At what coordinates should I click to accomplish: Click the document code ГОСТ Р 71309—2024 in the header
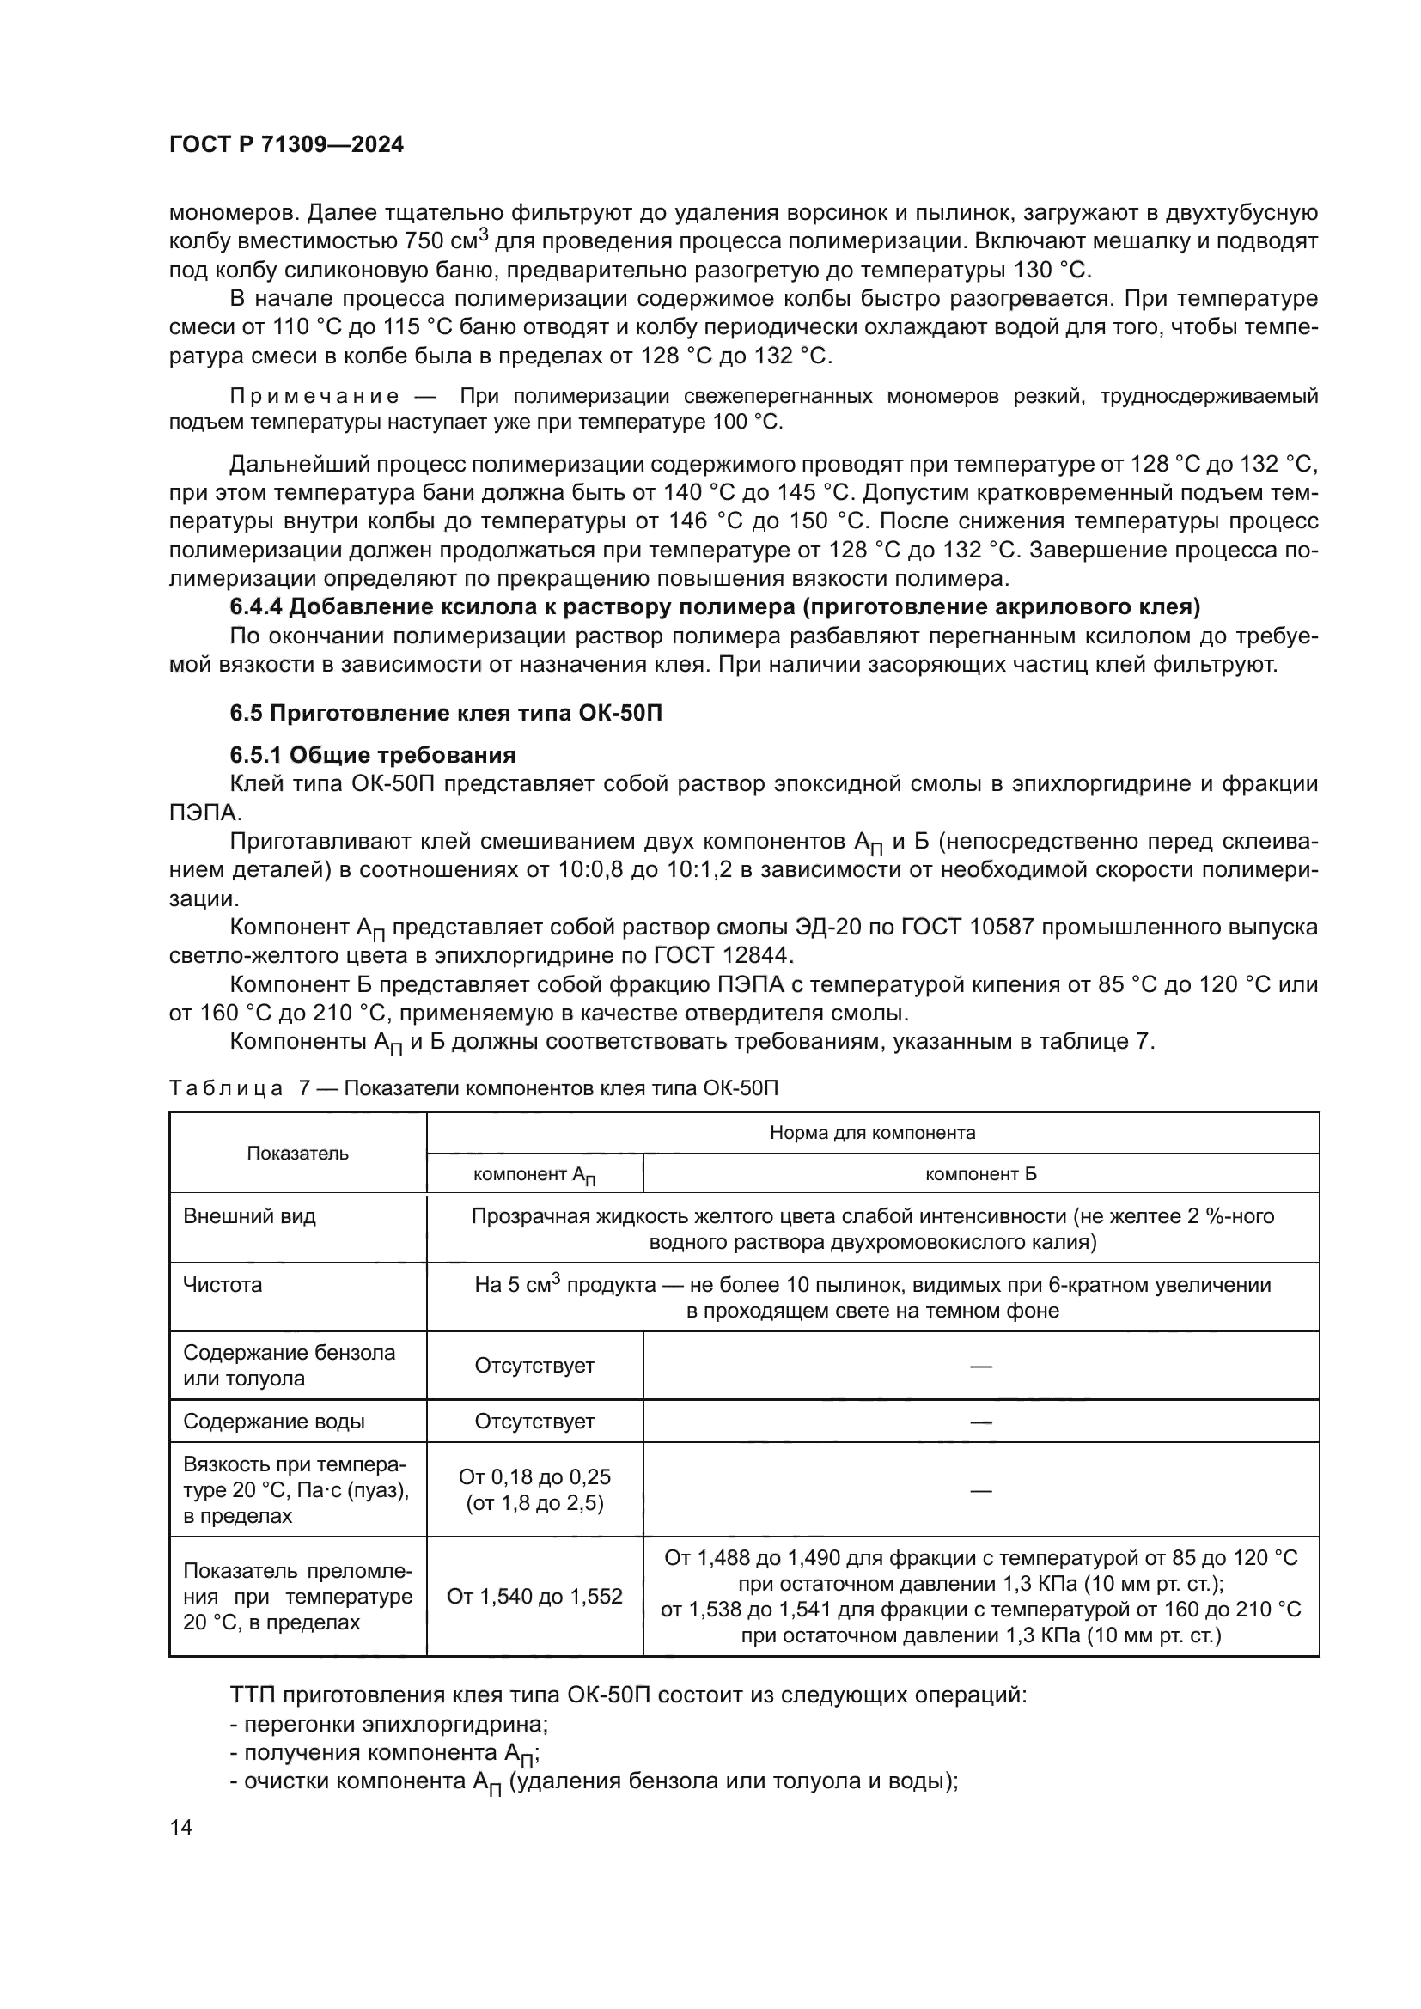(x=286, y=145)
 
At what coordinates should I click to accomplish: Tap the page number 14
(x=181, y=1827)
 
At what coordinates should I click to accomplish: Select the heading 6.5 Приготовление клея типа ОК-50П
(x=445, y=713)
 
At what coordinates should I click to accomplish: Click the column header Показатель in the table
(x=297, y=1154)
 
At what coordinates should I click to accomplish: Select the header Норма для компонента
(x=871, y=1133)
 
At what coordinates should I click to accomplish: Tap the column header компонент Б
(x=980, y=1174)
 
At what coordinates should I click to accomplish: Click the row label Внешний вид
(x=249, y=1216)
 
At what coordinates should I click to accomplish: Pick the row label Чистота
(x=223, y=1284)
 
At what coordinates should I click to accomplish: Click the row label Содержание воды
(x=274, y=1421)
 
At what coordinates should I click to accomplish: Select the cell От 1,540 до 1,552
(x=534, y=1596)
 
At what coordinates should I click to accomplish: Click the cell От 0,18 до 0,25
(x=534, y=1477)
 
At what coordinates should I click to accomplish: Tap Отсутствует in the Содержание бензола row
(x=534, y=1365)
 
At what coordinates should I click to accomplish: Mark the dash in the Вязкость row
(x=980, y=1490)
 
